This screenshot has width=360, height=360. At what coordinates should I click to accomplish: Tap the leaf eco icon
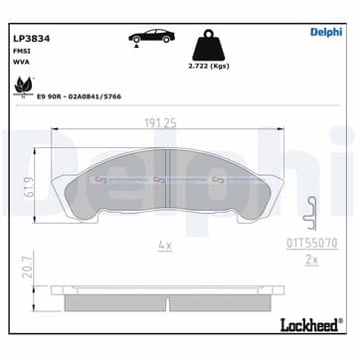tap(19, 88)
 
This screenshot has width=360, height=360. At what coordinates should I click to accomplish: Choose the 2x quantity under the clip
tap(309, 259)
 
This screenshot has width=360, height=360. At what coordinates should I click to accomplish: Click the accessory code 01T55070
tap(310, 241)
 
